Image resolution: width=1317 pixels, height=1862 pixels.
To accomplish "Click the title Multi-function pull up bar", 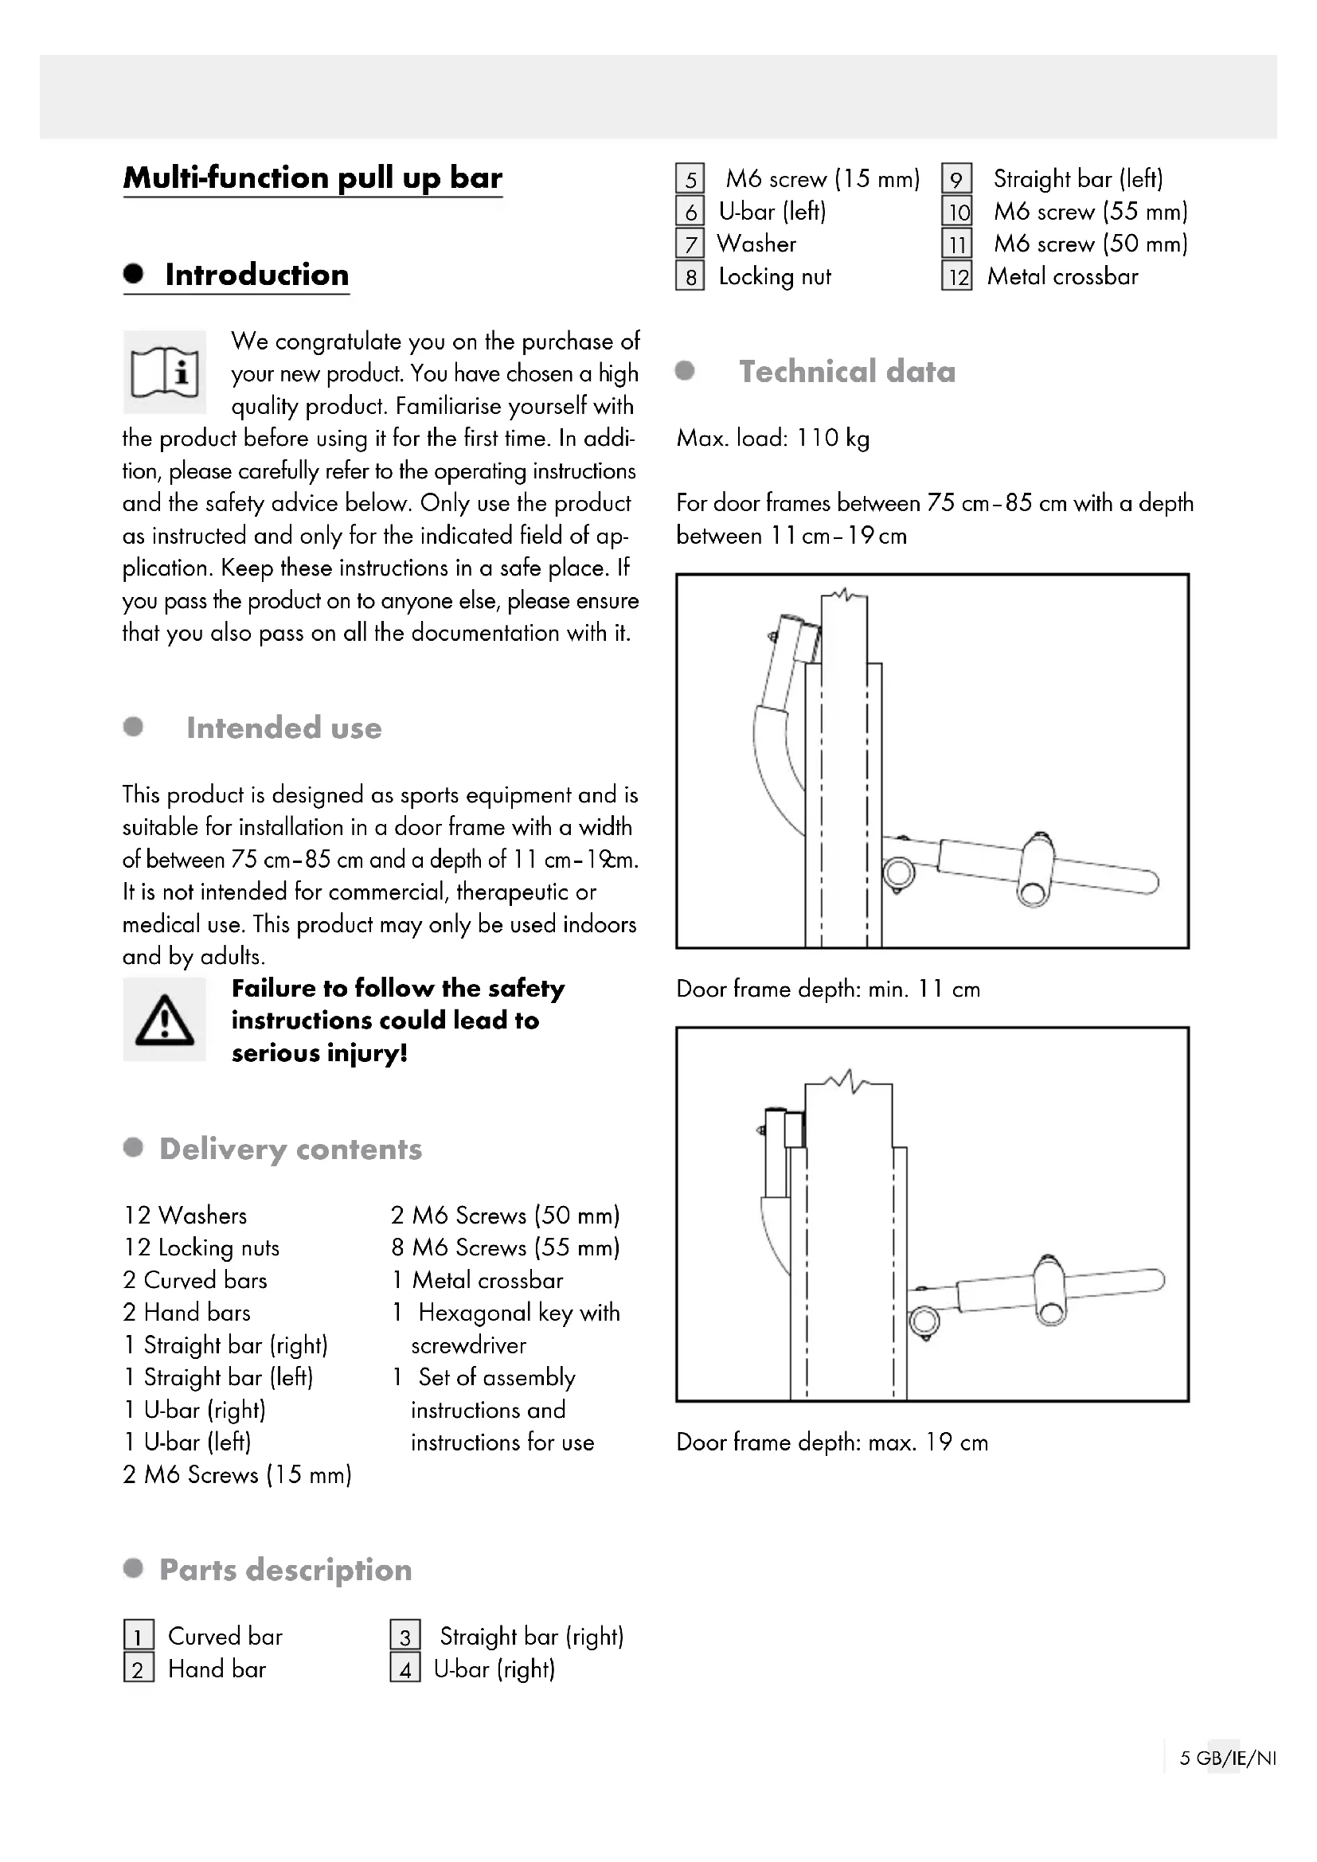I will [312, 178].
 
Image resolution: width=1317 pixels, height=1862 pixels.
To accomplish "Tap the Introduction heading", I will [256, 275].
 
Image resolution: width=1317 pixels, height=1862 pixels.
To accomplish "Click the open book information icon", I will [165, 373].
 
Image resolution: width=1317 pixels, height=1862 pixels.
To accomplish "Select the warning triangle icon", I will [165, 1020].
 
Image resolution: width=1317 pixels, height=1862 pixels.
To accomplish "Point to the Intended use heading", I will [283, 728].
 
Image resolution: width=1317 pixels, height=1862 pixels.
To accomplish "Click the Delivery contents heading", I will [291, 1149].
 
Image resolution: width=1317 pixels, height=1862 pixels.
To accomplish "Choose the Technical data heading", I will [846, 372].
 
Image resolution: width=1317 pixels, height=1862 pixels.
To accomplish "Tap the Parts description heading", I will [286, 1569].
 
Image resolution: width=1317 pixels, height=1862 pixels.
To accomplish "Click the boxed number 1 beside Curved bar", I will [139, 1636].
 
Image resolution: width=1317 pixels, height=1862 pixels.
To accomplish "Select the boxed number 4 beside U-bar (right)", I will [404, 1669].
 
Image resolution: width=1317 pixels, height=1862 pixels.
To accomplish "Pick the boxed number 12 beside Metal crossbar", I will [957, 276].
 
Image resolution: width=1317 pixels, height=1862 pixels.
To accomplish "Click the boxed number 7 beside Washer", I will [690, 244].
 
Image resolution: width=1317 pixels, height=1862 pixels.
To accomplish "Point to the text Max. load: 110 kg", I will [773, 438].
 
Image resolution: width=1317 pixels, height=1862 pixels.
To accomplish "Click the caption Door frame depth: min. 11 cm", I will [828, 989].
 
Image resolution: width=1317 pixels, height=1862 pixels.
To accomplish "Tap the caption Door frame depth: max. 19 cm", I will [832, 1442].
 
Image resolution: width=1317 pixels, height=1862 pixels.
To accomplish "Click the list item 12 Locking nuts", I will [202, 1247].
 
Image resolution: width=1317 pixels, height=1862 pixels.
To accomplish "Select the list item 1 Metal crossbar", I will [478, 1280].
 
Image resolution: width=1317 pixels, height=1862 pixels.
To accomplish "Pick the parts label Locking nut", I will [775, 276].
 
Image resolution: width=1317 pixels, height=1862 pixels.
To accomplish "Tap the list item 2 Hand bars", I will [187, 1312].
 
